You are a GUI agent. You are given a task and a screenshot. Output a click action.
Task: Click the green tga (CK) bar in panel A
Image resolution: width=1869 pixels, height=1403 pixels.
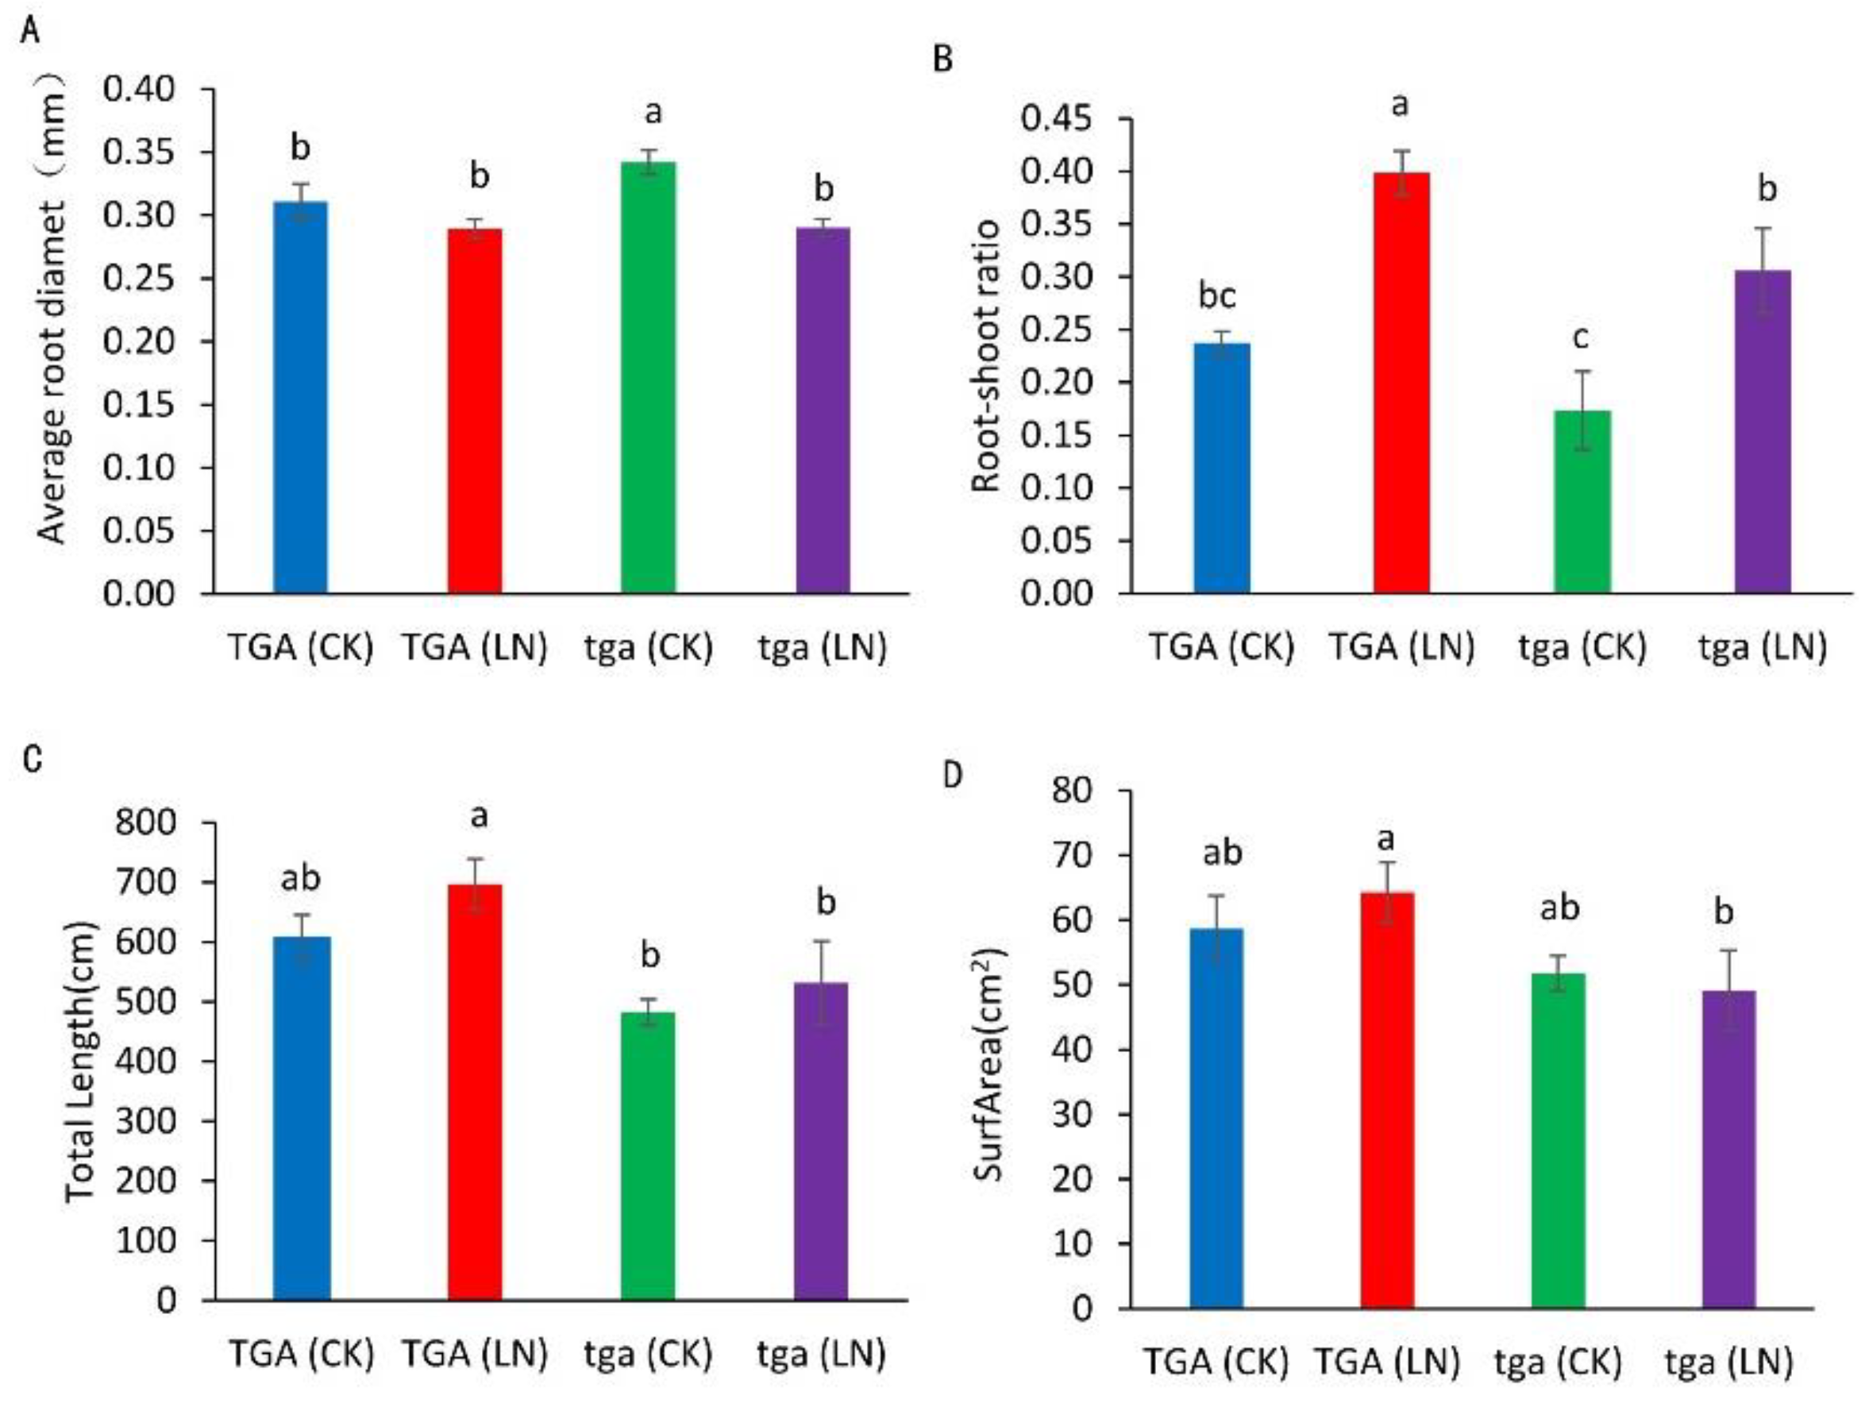[648, 380]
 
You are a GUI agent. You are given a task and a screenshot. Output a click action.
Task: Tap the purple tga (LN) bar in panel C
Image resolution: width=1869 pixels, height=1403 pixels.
[820, 1141]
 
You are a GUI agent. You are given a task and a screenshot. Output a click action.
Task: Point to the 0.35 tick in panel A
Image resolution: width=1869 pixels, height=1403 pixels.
[139, 152]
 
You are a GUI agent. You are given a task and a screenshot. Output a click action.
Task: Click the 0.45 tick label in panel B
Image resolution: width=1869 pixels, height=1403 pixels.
[1056, 118]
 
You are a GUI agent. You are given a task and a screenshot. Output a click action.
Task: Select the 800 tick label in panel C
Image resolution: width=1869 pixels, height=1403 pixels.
[145, 823]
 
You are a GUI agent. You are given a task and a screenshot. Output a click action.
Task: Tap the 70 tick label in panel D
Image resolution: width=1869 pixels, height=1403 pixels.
[1072, 856]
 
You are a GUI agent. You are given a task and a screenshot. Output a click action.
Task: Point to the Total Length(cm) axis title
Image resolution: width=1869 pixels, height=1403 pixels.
[80, 1062]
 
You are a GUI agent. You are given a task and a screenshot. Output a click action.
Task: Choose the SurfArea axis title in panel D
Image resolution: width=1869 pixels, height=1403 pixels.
[988, 1065]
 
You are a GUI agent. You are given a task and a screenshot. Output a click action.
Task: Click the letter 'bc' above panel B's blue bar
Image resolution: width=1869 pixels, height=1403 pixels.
[1216, 296]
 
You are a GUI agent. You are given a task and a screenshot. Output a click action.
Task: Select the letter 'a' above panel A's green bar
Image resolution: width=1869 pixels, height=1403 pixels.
[653, 112]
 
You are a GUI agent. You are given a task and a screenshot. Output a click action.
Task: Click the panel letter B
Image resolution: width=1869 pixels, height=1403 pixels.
[943, 60]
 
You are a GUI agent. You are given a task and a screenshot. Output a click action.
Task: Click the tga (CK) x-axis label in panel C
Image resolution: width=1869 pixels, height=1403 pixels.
[648, 1354]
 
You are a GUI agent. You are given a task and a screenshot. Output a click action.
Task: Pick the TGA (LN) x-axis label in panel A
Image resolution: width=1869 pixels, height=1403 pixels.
[474, 648]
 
